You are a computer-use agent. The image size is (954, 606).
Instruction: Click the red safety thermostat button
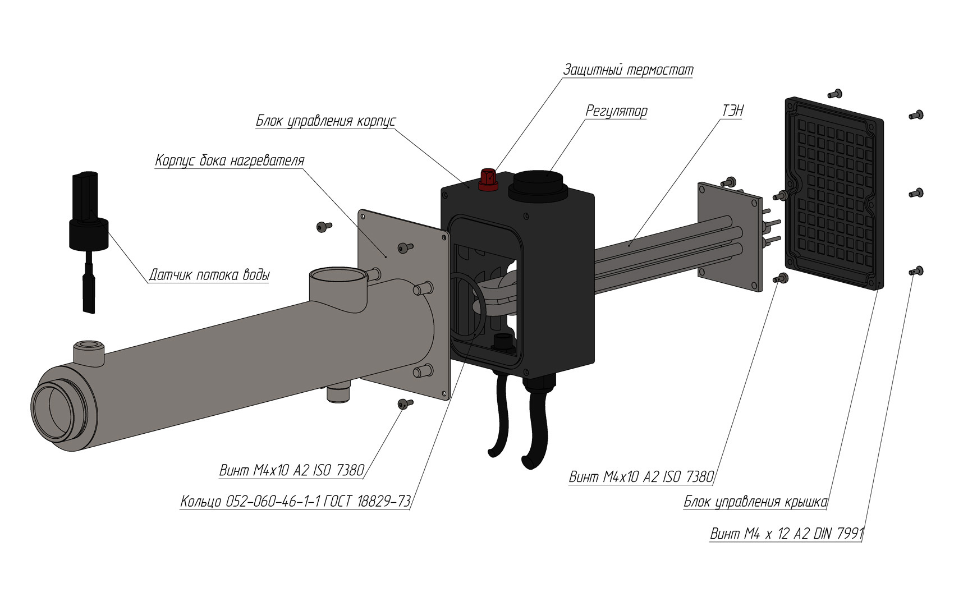coord(488,180)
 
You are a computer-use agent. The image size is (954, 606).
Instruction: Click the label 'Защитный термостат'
coord(628,70)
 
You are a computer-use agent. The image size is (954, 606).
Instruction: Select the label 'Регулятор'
coord(616,111)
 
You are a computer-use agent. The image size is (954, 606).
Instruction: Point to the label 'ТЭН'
coord(732,111)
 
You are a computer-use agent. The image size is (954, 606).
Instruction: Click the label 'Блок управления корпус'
coord(326,121)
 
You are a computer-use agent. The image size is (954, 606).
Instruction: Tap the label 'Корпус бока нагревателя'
coord(230,160)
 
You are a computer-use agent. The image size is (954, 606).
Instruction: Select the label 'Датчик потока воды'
coord(209,275)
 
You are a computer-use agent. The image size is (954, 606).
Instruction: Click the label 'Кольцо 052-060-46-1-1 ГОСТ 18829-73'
coord(295,501)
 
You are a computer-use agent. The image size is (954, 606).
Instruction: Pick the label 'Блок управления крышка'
coord(755,502)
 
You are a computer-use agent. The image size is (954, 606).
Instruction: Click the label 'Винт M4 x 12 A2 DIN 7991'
coord(786,533)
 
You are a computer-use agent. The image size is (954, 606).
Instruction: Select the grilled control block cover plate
coord(834,194)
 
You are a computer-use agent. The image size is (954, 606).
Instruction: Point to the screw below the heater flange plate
coord(405,403)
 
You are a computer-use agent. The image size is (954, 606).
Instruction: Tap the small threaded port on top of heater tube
coord(88,351)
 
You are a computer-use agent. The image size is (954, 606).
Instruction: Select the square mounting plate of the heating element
coord(730,237)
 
